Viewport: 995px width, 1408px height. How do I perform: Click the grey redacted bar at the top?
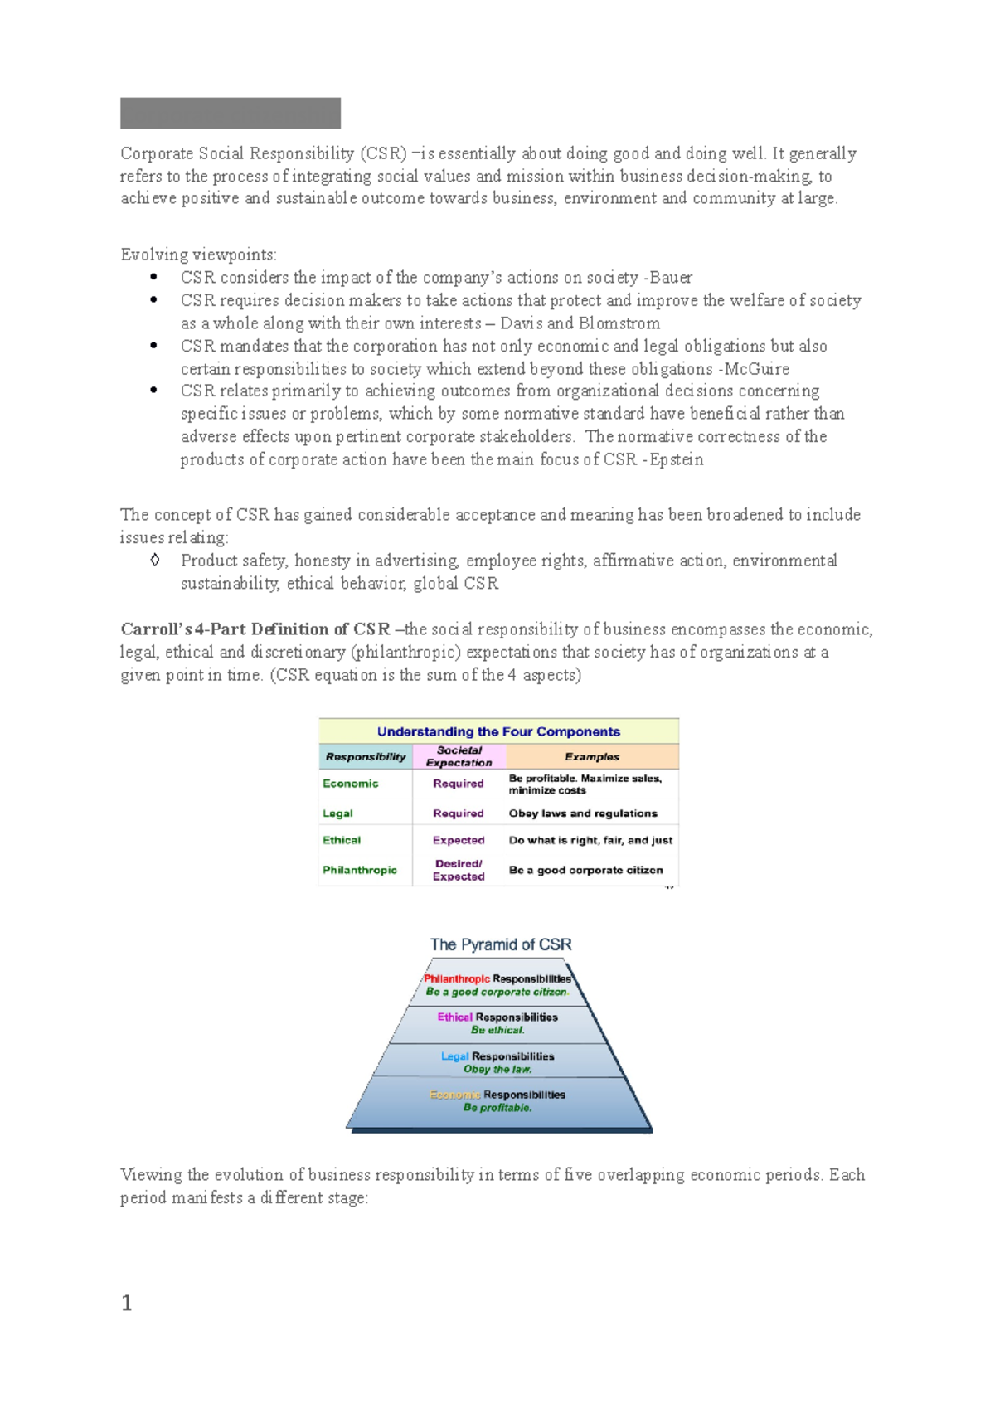point(230,113)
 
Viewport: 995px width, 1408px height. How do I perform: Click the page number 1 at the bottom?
point(127,1303)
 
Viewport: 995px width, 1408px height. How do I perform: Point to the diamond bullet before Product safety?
point(155,561)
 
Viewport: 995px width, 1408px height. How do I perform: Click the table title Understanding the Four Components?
point(498,731)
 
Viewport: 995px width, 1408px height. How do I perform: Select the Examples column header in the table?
point(592,756)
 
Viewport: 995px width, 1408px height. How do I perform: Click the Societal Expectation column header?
point(459,756)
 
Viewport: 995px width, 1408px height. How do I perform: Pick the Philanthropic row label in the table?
point(360,870)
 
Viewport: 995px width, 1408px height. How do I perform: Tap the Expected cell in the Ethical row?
point(459,840)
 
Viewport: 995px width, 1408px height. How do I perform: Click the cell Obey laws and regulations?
point(583,813)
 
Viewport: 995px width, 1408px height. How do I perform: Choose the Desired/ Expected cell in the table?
point(459,870)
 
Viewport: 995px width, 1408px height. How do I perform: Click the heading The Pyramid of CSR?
point(500,944)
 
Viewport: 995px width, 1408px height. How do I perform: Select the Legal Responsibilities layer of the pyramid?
point(498,1056)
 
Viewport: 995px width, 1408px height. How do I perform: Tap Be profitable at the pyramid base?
point(498,1108)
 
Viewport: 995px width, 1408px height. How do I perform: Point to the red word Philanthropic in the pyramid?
point(456,979)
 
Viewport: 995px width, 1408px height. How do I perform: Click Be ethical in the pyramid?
point(498,1030)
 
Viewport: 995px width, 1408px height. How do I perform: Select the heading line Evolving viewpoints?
point(198,255)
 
